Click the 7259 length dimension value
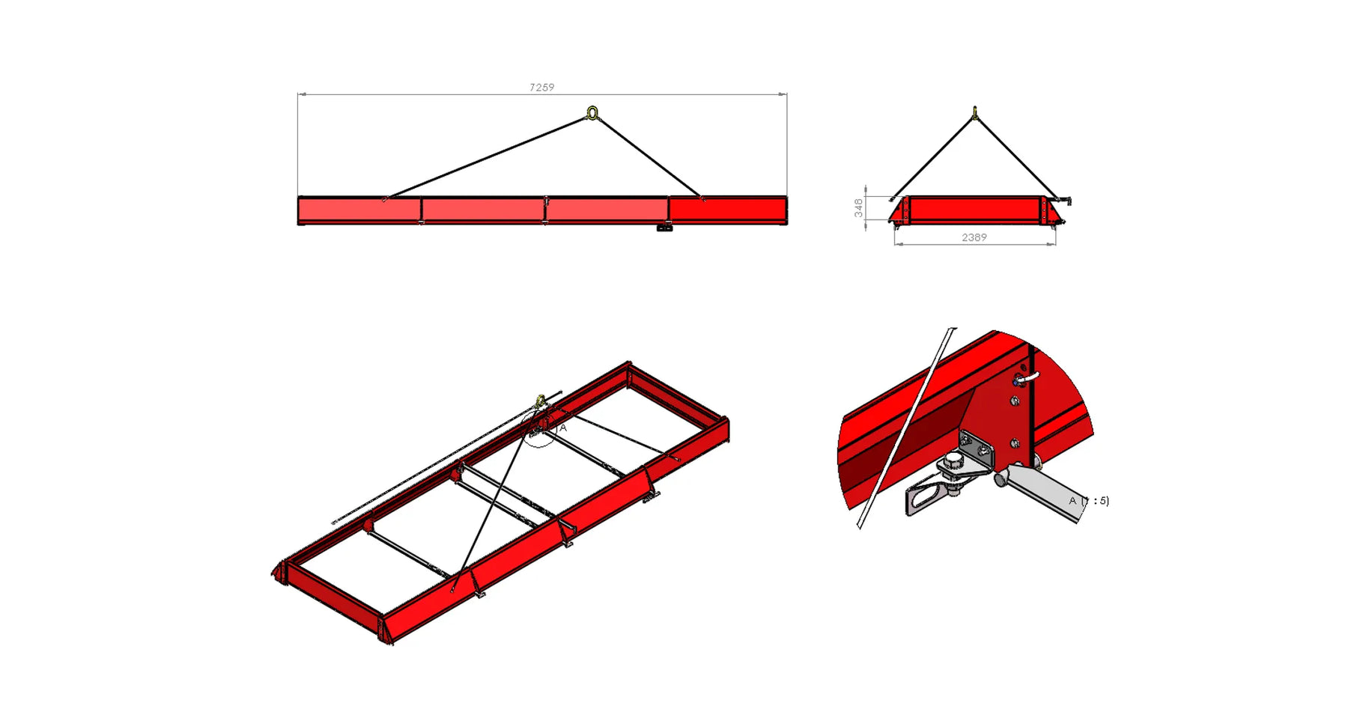(541, 88)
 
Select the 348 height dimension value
(858, 207)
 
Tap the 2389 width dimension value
(974, 237)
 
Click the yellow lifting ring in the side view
(592, 113)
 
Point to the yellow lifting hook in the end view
(974, 113)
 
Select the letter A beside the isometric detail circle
(563, 428)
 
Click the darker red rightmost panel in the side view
(727, 209)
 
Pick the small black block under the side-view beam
(664, 228)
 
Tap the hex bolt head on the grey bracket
(953, 460)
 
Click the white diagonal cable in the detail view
(906, 427)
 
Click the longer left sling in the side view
(487, 156)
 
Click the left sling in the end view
(933, 156)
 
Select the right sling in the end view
(1015, 156)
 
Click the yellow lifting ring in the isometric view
(541, 402)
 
